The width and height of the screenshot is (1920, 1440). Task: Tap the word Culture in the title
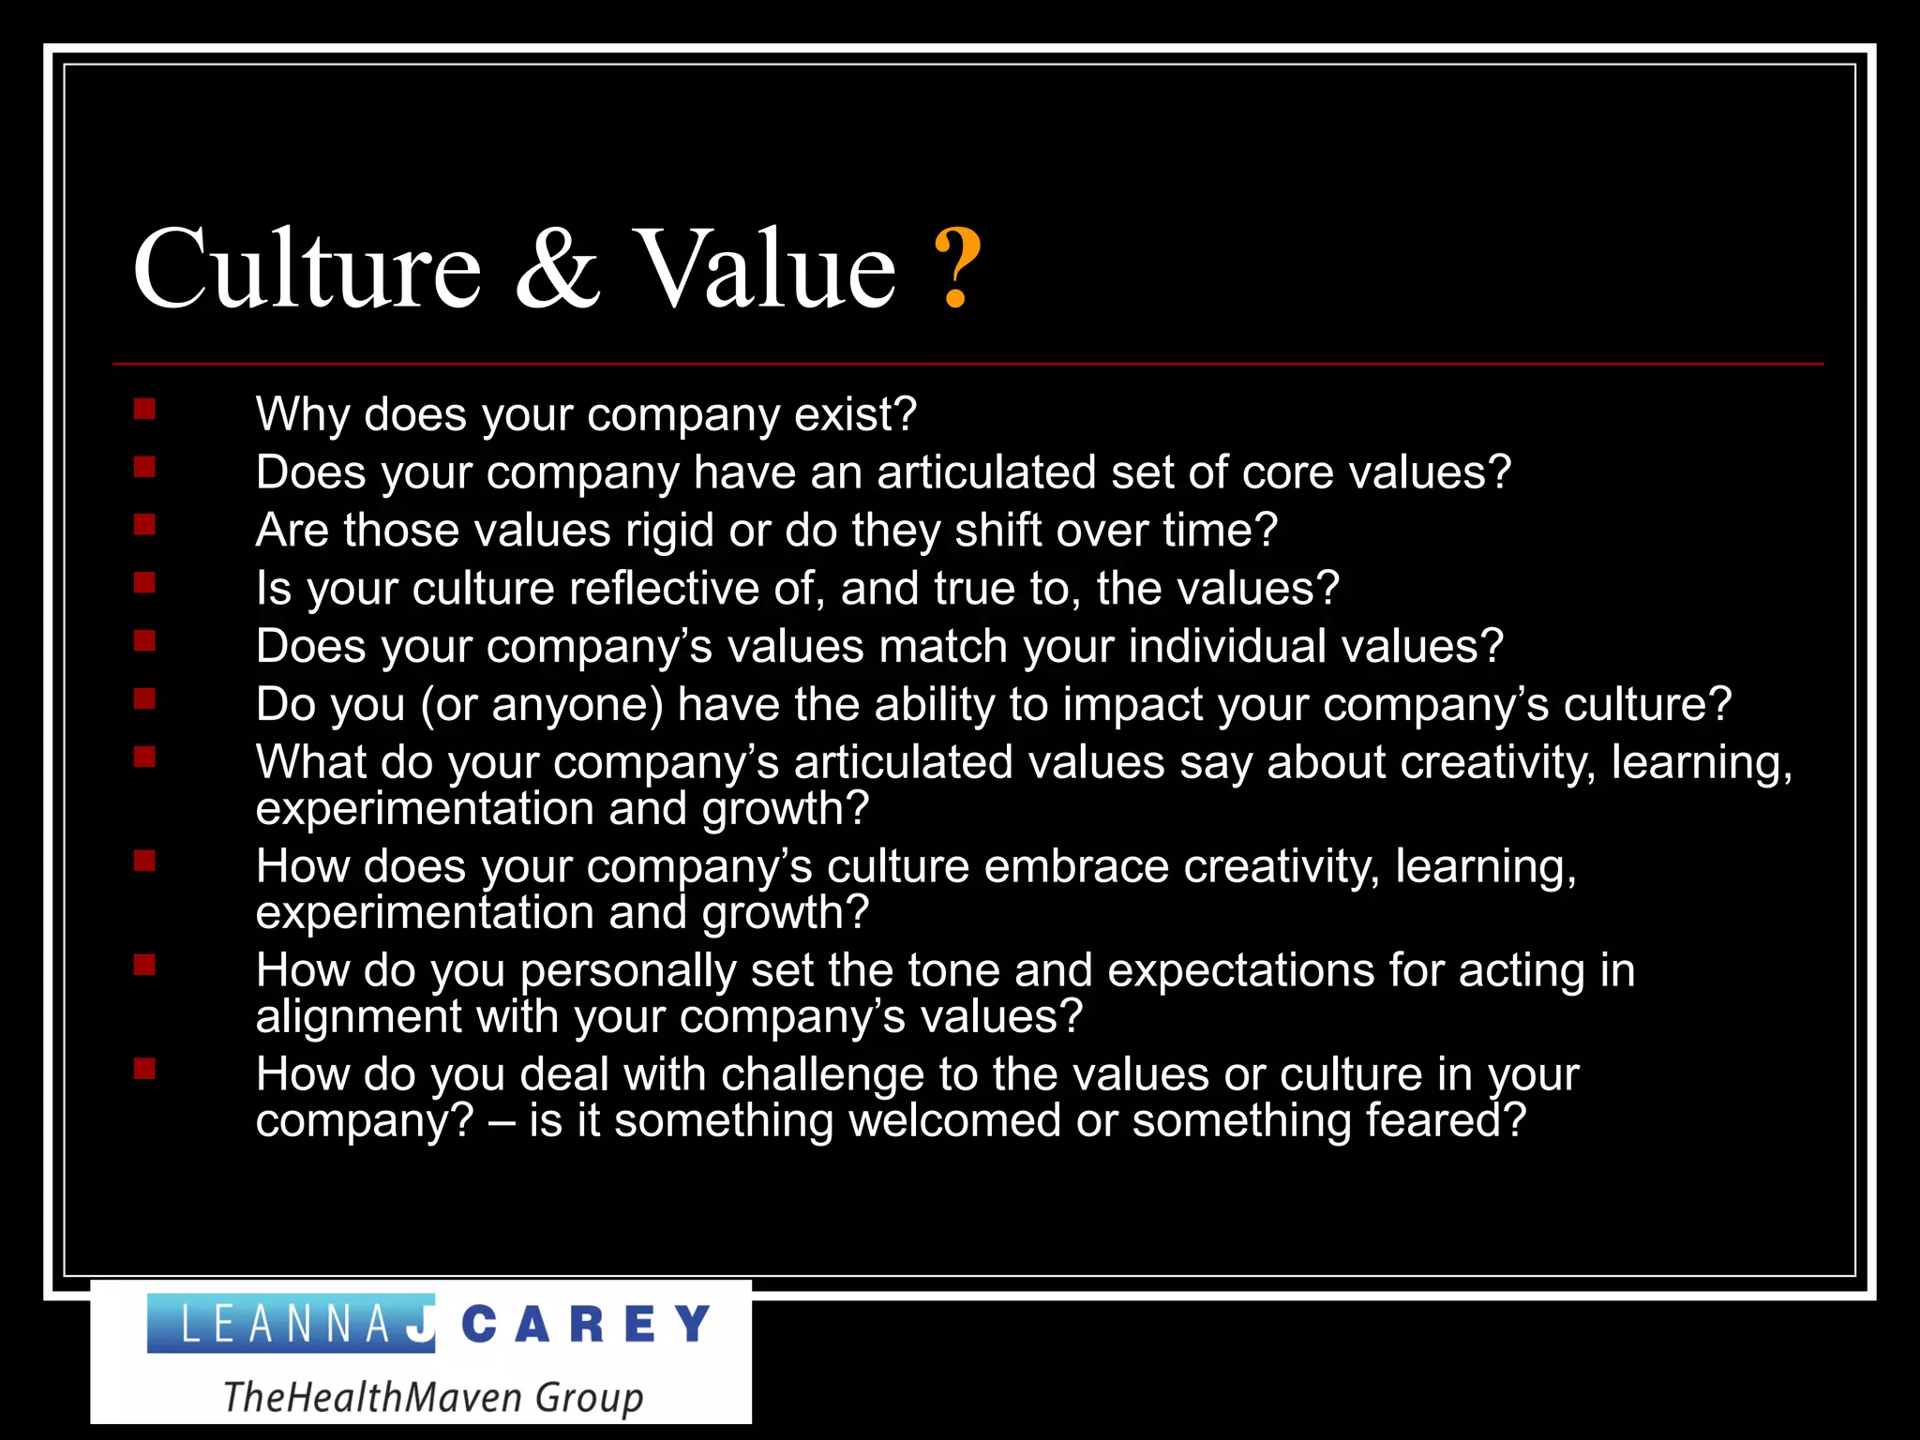pos(307,269)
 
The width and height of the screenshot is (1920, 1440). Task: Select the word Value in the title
pos(765,269)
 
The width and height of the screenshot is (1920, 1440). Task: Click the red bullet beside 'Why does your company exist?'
pos(144,409)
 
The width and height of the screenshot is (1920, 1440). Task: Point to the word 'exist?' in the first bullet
pos(855,414)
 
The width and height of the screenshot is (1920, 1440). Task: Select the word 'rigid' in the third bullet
pos(669,531)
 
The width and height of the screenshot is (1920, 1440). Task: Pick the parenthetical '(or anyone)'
pos(542,705)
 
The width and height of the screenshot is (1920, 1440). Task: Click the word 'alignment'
pos(359,1017)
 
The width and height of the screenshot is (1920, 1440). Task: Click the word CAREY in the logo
pos(587,1324)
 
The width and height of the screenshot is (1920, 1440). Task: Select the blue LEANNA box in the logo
pos(291,1324)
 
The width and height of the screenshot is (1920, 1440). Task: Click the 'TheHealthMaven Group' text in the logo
pos(433,1397)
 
